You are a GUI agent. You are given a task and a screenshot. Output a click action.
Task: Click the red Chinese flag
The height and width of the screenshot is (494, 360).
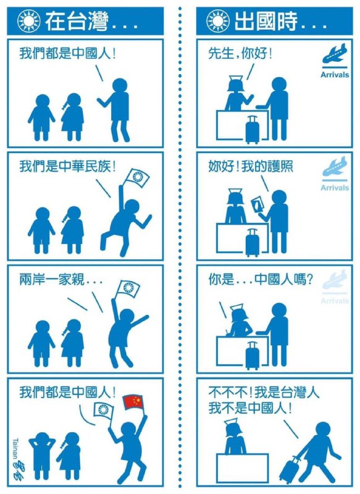133,402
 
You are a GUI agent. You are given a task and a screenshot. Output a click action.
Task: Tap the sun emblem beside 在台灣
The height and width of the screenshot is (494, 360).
28,22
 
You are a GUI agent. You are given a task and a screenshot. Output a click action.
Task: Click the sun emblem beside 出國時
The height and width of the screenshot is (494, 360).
217,22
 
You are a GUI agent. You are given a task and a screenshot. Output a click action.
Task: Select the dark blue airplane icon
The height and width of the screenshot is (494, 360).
335,54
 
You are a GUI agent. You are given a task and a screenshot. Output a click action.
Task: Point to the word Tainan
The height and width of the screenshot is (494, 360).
15,450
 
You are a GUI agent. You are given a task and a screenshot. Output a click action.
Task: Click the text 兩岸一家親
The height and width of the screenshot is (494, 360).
52,280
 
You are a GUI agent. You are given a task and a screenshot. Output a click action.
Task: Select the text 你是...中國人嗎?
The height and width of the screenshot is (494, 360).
261,280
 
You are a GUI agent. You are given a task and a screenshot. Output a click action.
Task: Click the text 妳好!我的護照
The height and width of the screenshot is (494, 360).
250,166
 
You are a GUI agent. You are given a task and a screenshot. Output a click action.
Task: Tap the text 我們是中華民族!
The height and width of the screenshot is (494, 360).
67,166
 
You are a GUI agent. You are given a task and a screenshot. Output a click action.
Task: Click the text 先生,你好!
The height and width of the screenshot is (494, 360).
240,53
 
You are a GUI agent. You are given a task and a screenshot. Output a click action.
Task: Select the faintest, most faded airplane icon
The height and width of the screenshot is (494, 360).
335,280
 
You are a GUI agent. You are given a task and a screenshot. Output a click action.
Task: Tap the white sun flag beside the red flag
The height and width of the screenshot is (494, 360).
103,411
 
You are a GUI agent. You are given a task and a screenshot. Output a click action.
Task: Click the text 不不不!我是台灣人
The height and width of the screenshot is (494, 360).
264,393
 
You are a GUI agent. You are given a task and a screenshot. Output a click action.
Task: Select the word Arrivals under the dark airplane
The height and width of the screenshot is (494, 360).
335,75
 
